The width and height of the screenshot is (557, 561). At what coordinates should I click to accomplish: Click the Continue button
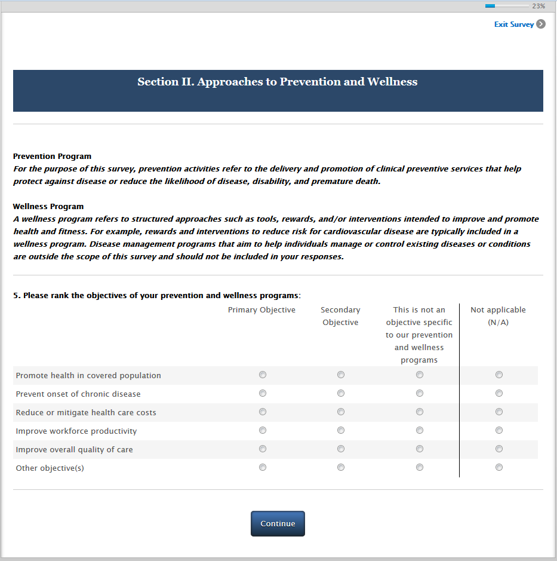(x=278, y=523)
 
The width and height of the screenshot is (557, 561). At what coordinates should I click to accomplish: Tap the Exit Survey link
(x=513, y=24)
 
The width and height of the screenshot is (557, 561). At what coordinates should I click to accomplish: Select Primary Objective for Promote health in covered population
(x=263, y=375)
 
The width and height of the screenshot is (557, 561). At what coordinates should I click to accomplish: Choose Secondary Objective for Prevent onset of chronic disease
(x=341, y=393)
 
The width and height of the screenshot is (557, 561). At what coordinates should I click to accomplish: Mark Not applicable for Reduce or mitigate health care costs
(x=499, y=412)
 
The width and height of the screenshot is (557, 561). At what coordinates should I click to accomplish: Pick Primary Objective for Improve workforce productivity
(x=263, y=430)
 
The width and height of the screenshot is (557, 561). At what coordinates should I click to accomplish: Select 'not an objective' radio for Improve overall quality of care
(x=420, y=449)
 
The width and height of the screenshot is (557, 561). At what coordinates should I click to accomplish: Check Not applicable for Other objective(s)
(x=499, y=467)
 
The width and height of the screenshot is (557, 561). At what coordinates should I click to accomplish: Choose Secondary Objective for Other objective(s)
(x=341, y=467)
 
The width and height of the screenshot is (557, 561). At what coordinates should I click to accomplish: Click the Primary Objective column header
(x=261, y=310)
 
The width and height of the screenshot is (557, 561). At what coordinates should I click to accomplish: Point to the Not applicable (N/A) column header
(x=498, y=316)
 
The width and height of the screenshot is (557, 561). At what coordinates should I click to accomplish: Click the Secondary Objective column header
(x=340, y=316)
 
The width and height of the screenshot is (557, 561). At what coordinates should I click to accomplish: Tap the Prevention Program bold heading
(x=53, y=157)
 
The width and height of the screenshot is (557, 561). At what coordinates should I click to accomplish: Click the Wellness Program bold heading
(x=48, y=207)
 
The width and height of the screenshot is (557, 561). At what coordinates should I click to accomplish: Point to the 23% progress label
(x=538, y=6)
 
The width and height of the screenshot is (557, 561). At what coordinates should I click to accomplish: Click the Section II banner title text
(x=278, y=82)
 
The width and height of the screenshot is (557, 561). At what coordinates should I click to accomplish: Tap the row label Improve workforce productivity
(x=76, y=431)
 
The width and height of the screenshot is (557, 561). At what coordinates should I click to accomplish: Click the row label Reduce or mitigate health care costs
(x=86, y=413)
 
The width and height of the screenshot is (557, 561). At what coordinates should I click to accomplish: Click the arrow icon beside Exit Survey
(x=541, y=24)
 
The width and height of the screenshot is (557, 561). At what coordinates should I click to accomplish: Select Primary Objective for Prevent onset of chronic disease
(x=263, y=393)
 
